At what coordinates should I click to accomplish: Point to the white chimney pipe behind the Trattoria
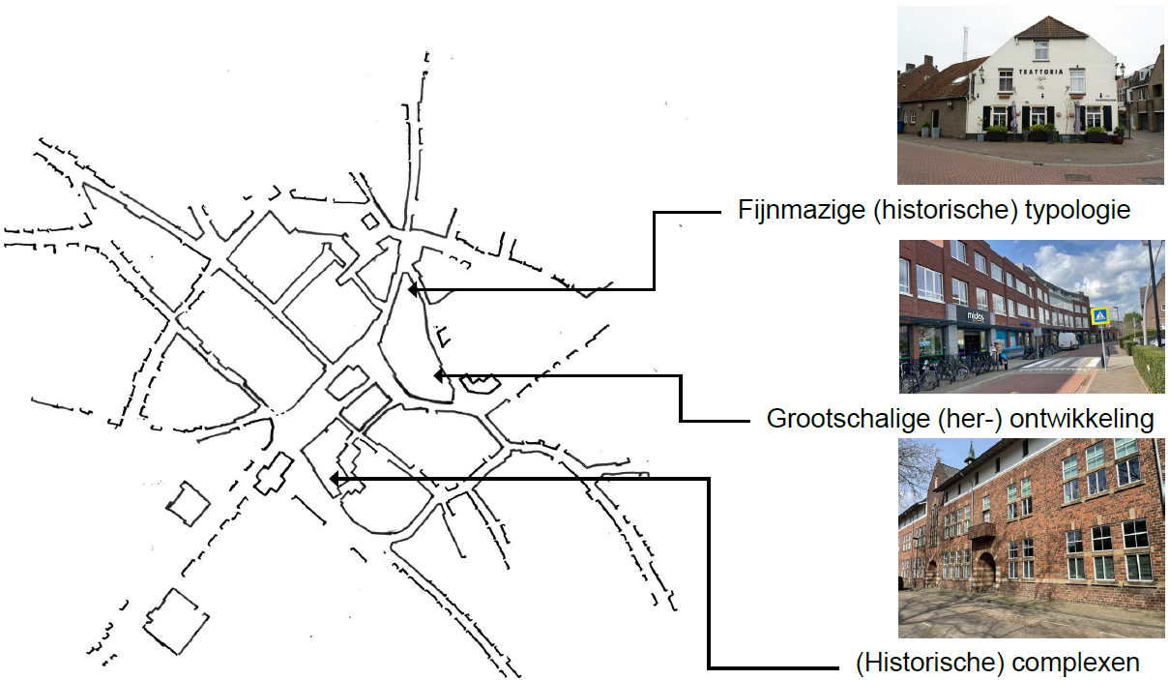point(964,44)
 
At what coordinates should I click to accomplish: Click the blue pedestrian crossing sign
point(1098,316)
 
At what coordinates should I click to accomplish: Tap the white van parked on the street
point(1068,340)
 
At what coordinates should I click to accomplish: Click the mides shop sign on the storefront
point(973,313)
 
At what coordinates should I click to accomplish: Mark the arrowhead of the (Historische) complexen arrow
point(334,478)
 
